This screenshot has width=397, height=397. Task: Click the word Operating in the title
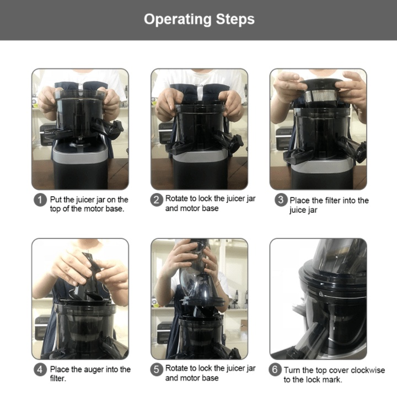point(178,20)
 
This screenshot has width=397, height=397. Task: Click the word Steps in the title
point(235,19)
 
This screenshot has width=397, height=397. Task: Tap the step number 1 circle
point(40,200)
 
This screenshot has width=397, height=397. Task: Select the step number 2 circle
point(156,200)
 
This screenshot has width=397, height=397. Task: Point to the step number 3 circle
point(281,200)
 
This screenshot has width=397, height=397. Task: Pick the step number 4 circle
point(40,370)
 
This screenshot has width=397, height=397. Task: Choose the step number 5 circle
point(156,370)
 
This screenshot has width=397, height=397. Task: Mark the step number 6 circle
point(275,370)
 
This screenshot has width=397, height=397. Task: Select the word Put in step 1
point(56,200)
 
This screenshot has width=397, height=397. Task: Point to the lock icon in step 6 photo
point(321,294)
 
